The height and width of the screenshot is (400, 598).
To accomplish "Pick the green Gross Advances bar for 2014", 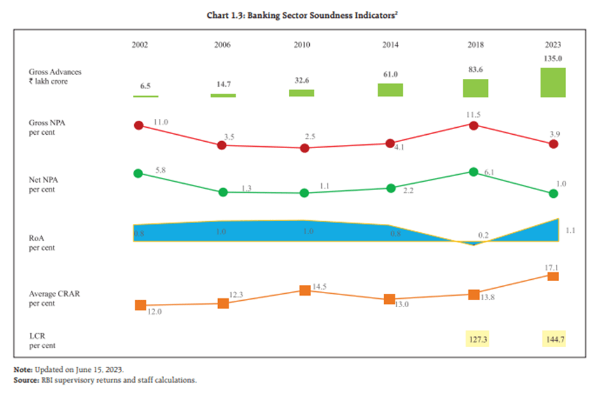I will (x=391, y=90).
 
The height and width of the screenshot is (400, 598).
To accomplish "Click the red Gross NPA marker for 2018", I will (x=473, y=125).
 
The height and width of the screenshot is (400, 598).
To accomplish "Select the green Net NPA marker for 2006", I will (x=223, y=192).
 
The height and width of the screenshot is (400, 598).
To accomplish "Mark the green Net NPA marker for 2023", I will (x=553, y=194).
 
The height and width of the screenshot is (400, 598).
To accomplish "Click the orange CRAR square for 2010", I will (x=305, y=290).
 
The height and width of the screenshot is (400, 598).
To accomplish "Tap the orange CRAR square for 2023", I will (x=553, y=276).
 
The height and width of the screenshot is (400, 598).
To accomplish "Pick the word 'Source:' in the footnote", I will (x=27, y=380).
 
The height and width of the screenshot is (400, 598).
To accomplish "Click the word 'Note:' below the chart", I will (x=23, y=370).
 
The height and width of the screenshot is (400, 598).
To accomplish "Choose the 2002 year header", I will (x=140, y=45).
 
